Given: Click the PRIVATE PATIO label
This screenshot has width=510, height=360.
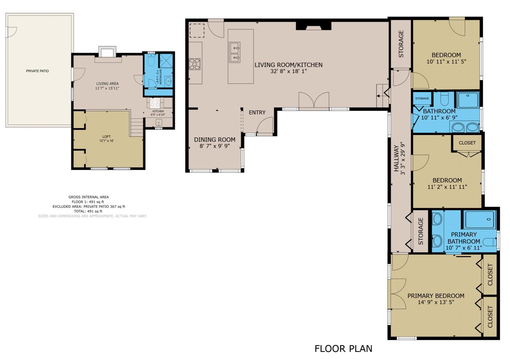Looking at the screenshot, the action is point(37,71).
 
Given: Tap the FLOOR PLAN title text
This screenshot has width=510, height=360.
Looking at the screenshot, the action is point(343,349).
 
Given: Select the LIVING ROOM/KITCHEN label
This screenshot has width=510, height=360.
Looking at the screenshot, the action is point(288,65).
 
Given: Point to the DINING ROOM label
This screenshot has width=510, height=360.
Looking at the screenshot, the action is point(215,140).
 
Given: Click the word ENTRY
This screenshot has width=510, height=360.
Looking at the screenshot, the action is point(257,113).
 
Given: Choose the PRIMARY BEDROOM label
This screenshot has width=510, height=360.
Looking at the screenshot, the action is point(436,296).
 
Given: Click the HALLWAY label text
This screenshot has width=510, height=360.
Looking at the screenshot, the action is point(397,158).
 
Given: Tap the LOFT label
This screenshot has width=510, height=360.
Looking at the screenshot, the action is point(107,137).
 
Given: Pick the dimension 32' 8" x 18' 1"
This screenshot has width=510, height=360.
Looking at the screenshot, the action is point(288,71).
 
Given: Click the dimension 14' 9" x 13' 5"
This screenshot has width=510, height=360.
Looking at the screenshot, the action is point(436,303).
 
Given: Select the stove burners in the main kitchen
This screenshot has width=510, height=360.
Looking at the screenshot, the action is point(195,64).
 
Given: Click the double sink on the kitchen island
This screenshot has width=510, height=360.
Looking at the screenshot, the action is point(235,52).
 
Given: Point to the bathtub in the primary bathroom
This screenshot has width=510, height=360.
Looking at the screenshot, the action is point(480,220).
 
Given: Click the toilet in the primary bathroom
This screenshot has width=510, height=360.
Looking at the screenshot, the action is point(490,242).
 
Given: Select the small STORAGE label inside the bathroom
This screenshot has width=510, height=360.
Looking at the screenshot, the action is point(422,99).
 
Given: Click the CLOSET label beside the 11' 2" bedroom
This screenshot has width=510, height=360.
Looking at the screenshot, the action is point(467,143).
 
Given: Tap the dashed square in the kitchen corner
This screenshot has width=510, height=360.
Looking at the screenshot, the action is point(197,30).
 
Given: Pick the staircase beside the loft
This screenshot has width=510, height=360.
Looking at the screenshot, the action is point(137,127).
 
